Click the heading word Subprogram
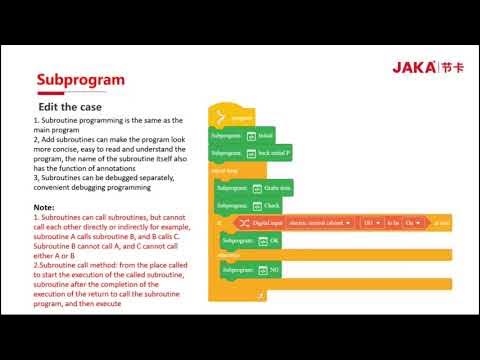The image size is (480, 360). [80, 79]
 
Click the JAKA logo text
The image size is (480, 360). [410, 67]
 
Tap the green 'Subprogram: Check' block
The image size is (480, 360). [246, 205]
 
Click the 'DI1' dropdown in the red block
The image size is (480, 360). [370, 223]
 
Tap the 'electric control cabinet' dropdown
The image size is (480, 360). [324, 223]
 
